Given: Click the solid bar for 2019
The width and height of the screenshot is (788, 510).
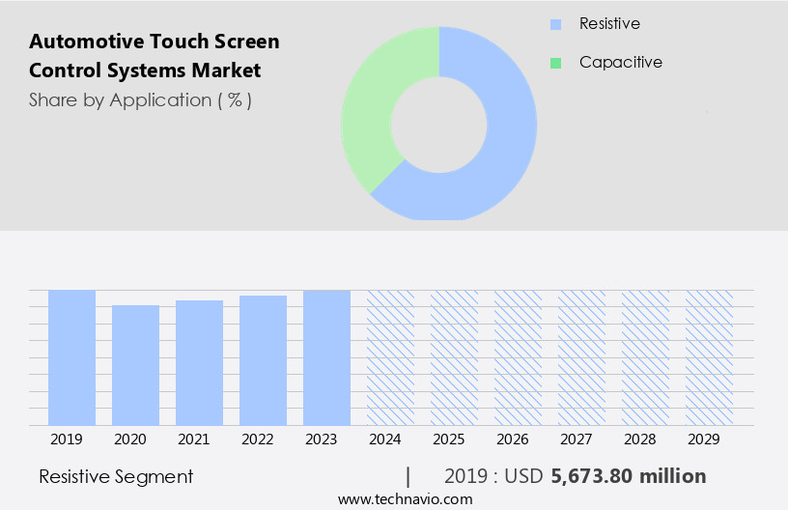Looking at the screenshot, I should click(71, 357).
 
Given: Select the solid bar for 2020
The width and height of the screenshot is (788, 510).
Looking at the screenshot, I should click(135, 365).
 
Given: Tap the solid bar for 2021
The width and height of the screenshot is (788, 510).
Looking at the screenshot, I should click(199, 362).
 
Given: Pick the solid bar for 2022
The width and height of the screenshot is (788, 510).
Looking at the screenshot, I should click(263, 360).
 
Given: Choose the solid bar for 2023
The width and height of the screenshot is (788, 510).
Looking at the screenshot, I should click(326, 357).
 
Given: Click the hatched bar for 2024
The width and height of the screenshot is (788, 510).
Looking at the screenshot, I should click(390, 357).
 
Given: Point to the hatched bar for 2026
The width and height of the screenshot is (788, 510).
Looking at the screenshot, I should click(518, 357).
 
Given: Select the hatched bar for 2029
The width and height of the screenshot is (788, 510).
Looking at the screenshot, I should click(709, 357).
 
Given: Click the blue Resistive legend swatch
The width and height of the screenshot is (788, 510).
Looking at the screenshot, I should click(555, 23).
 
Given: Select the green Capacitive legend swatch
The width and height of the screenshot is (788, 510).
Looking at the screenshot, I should click(555, 63).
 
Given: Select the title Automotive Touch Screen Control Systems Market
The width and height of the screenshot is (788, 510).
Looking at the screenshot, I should click(155, 56).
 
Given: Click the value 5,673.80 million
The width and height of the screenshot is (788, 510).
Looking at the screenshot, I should click(628, 476).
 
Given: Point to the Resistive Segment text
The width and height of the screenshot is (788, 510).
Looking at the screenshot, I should click(116, 476).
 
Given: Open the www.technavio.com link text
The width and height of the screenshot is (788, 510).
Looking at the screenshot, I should click(405, 499).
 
